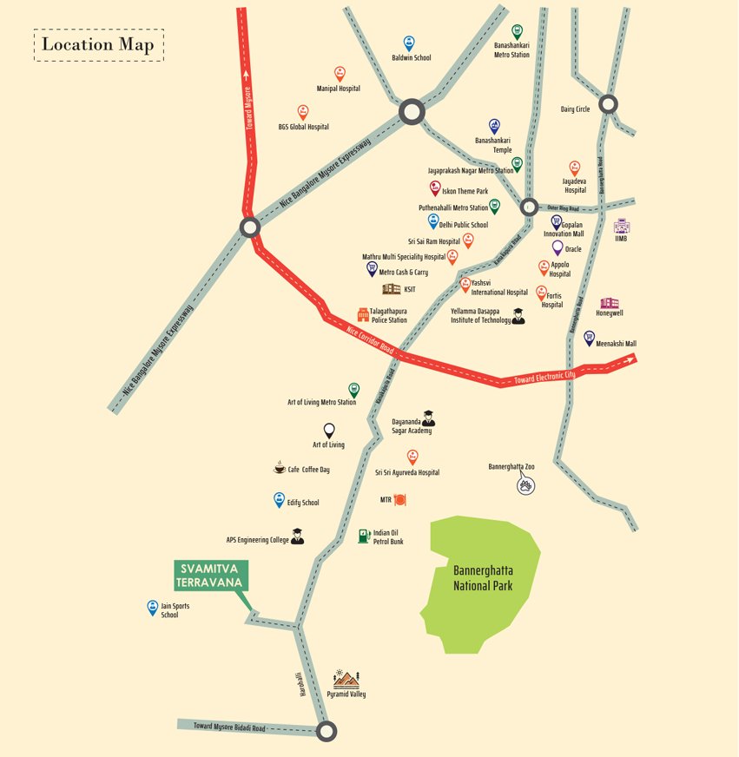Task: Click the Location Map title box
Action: tap(98, 44)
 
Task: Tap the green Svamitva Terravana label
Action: tap(211, 575)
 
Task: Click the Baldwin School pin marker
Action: tap(409, 43)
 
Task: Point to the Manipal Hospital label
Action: tap(338, 89)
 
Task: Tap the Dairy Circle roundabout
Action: tap(608, 104)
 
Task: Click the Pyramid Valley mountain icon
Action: tap(346, 679)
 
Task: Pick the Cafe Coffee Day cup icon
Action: tap(279, 469)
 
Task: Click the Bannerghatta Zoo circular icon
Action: tap(525, 484)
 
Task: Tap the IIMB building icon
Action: tap(621, 226)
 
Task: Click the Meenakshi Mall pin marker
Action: tap(589, 337)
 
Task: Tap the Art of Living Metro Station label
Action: tap(321, 403)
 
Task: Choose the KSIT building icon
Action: tap(391, 289)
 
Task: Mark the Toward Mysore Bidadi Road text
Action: tap(229, 727)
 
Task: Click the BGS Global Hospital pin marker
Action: tap(302, 112)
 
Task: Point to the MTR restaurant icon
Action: tap(400, 499)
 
